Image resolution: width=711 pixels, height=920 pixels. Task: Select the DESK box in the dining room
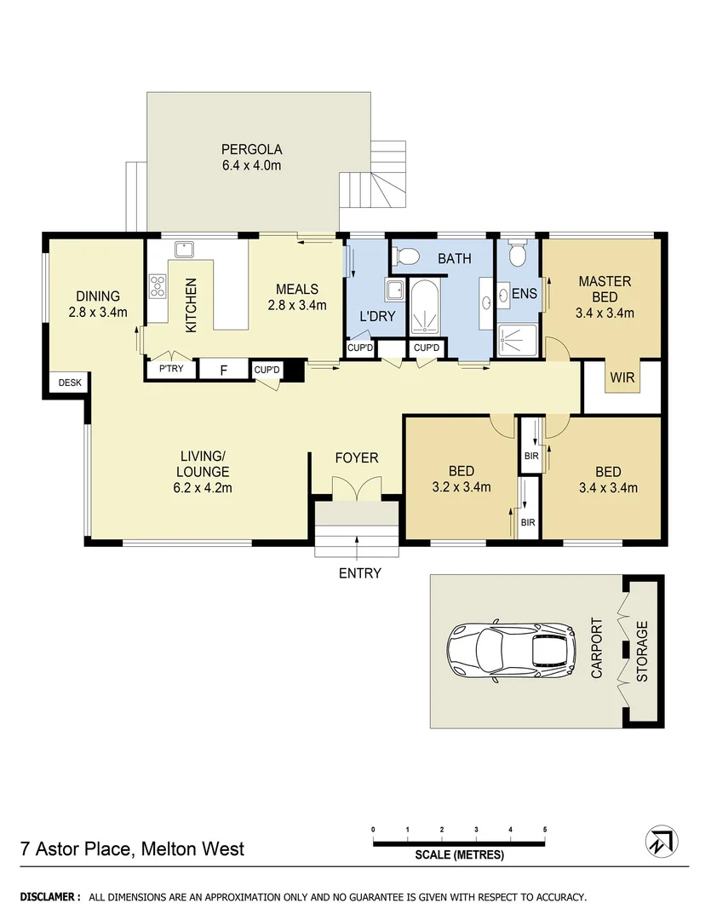(x=69, y=383)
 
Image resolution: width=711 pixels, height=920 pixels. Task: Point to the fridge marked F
(x=224, y=370)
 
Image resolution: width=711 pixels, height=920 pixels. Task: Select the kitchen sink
(x=183, y=249)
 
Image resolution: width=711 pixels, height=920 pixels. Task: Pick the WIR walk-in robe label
(x=622, y=377)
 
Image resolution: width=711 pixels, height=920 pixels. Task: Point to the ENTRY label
(x=359, y=573)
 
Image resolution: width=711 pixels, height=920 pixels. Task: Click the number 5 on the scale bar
(x=544, y=829)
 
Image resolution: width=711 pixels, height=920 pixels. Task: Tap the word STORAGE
(x=643, y=652)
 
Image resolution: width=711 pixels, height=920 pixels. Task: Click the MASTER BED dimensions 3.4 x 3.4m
(x=605, y=313)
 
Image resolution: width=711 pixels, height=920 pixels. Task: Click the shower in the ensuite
(x=517, y=340)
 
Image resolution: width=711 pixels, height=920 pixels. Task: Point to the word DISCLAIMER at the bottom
(x=50, y=897)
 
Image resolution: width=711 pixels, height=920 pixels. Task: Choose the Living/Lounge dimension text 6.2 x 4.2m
(x=203, y=488)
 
